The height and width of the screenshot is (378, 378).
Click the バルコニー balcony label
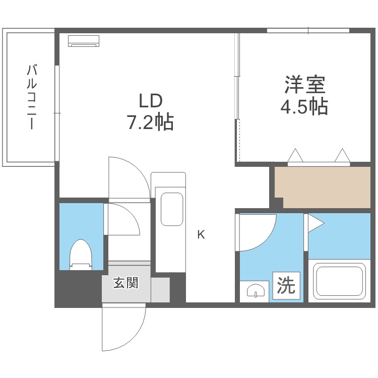[31, 97]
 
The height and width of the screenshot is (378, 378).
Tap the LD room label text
[150, 101]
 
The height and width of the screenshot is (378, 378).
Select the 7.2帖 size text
[150, 122]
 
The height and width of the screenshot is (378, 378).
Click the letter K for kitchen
[201, 234]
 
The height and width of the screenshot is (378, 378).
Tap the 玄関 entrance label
[125, 283]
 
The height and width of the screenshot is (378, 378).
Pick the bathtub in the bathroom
[339, 281]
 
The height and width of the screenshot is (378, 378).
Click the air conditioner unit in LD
[84, 40]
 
